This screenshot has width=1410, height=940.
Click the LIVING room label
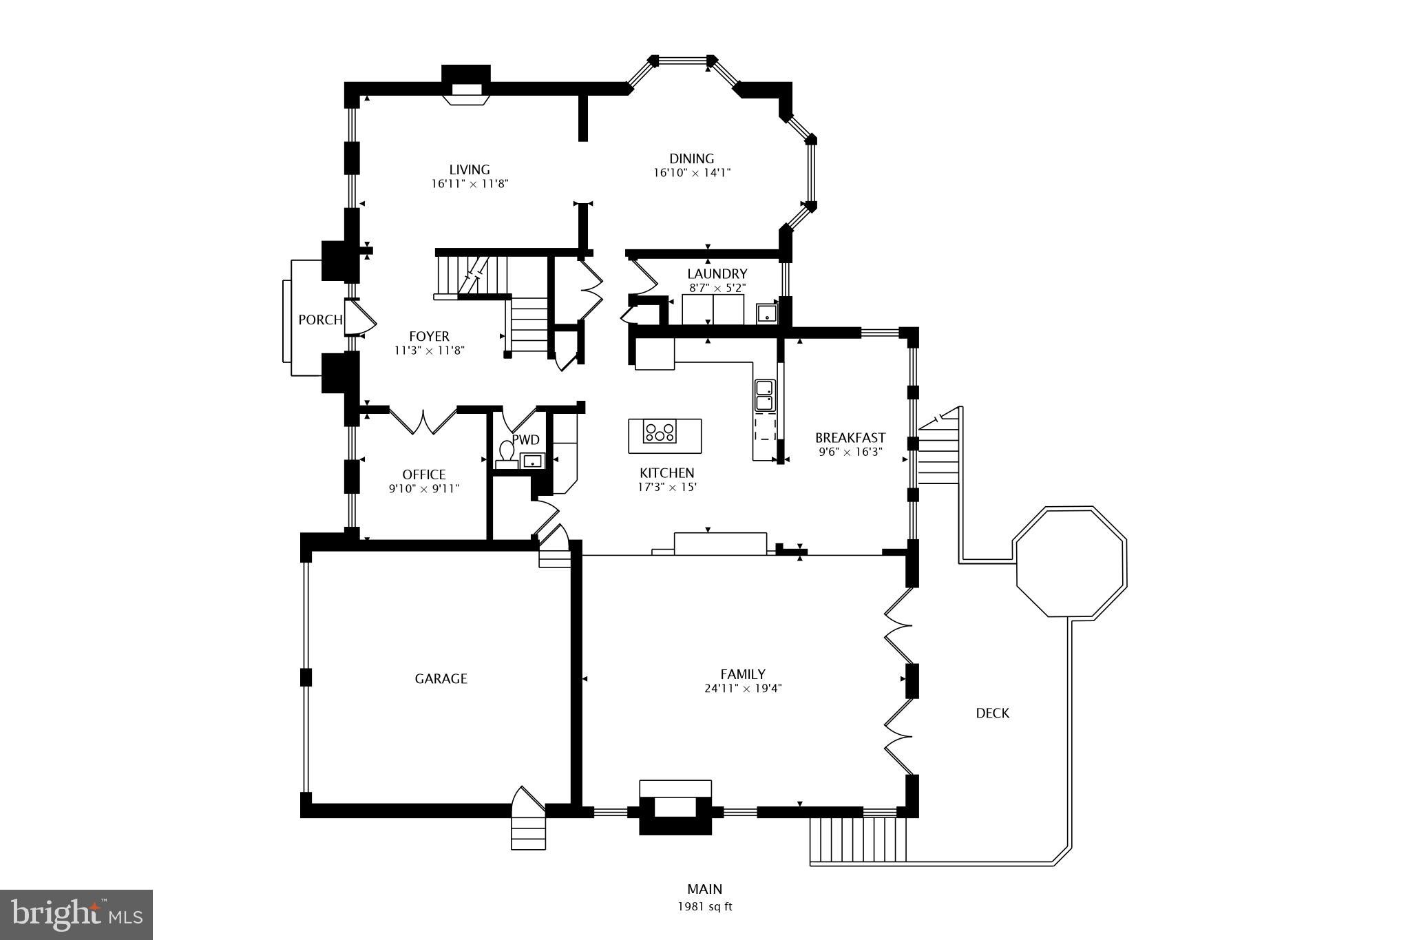(470, 169)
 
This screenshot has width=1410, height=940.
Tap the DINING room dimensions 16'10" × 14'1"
(691, 174)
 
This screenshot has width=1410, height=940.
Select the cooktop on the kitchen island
(660, 432)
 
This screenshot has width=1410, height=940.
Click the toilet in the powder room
(507, 452)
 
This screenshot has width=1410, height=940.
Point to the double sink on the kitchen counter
(765, 395)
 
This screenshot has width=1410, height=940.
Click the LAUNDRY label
(717, 274)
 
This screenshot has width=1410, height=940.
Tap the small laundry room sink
(766, 314)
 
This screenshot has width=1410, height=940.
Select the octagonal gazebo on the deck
(1071, 562)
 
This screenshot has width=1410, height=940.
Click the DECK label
(992, 713)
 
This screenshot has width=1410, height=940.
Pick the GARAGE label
(441, 679)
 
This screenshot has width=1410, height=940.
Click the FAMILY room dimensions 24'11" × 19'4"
(742, 688)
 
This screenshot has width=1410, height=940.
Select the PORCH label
(320, 320)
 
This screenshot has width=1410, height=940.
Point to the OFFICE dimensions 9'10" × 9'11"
(423, 489)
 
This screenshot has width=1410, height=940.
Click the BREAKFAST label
(850, 438)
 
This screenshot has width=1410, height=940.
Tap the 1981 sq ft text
(704, 907)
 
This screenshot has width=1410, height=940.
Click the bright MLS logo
(76, 915)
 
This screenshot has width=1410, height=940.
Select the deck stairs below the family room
(858, 839)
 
